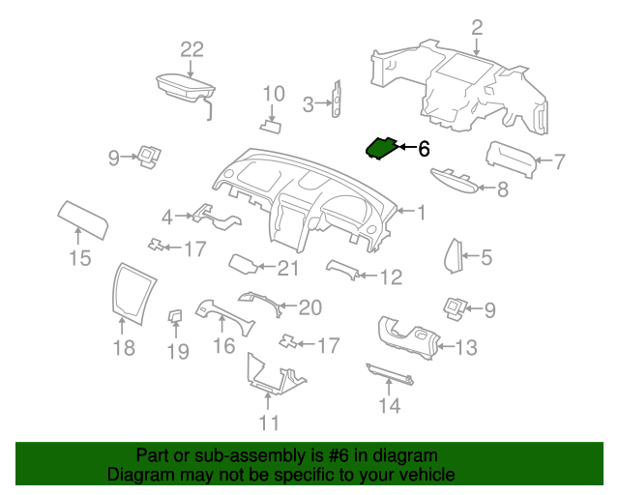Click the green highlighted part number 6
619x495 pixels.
tap(381, 149)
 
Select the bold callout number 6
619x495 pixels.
tap(424, 149)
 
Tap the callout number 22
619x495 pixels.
tap(192, 49)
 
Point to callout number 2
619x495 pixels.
tap(477, 28)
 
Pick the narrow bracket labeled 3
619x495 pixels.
tap(337, 99)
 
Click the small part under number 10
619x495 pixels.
tap(271, 127)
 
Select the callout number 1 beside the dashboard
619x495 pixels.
tap(422, 213)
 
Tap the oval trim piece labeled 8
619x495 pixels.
tap(455, 182)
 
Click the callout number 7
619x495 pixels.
tap(559, 161)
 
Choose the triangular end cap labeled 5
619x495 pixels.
tap(454, 256)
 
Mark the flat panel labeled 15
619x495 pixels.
tap(83, 219)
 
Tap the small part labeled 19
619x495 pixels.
tap(175, 316)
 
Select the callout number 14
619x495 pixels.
tap(390, 405)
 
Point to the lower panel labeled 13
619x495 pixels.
tap(409, 337)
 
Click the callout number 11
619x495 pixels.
tap(269, 422)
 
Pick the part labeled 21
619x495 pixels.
tap(244, 264)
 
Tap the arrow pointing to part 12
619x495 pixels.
tap(368, 276)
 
